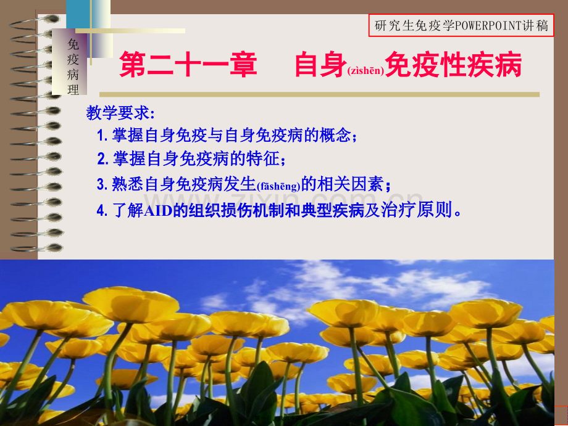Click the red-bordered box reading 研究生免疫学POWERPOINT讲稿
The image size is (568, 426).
(461, 26)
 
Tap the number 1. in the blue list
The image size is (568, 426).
(102, 136)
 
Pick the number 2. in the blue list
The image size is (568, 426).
(102, 159)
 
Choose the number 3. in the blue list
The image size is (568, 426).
(102, 184)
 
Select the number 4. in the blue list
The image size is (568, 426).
(102, 210)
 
